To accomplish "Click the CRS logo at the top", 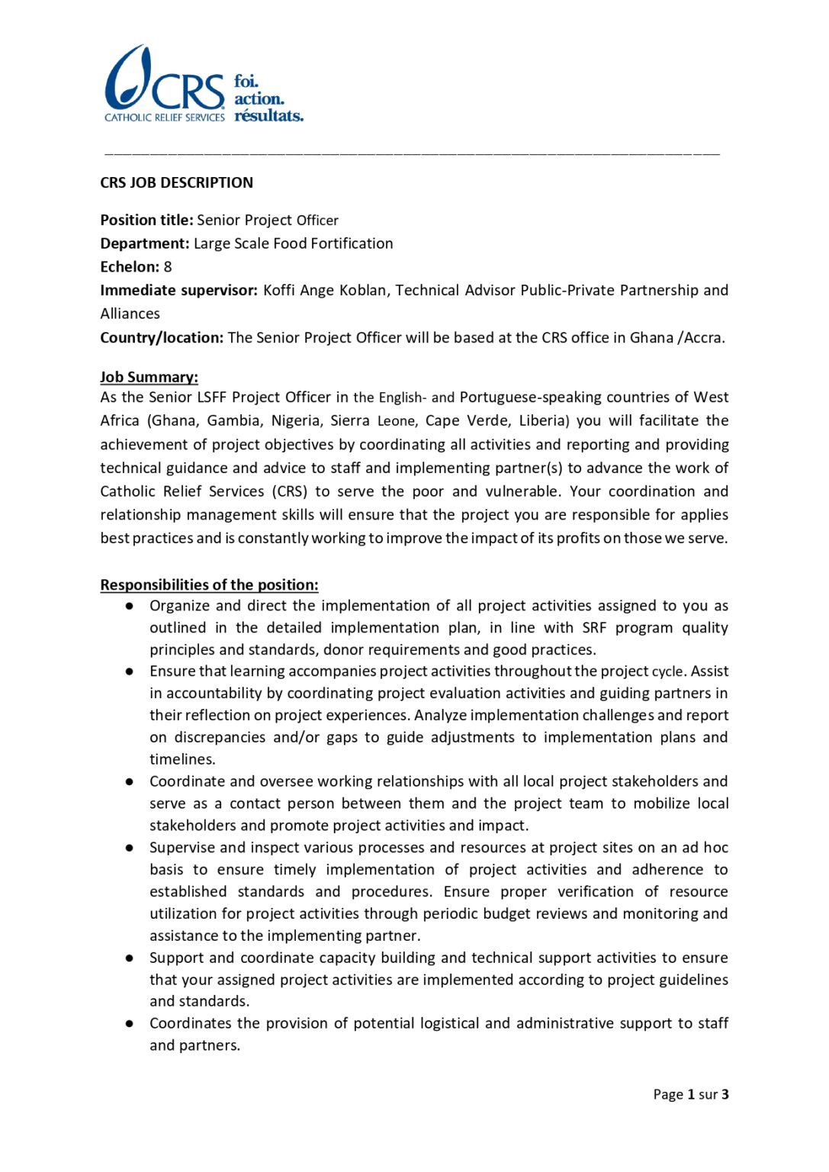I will point(165,84).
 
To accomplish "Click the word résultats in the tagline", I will point(268,116).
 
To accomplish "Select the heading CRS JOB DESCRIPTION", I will point(176,183).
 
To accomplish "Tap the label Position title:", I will point(146,221).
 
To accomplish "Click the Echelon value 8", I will point(168,267).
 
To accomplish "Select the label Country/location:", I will point(162,338).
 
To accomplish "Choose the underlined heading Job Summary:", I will point(149,377).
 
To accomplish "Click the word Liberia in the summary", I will point(543,421).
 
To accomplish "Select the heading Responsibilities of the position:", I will point(209,585).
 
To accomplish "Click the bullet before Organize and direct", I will point(130,606).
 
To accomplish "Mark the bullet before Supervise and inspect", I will point(130,848).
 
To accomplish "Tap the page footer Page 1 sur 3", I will point(690,1095).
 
